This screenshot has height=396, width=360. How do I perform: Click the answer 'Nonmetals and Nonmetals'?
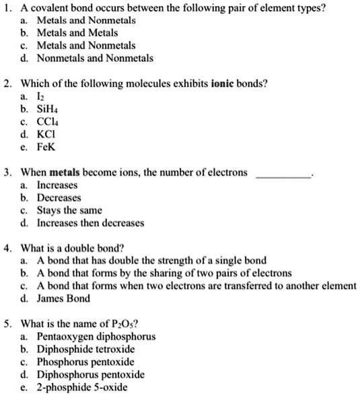[x=94, y=58]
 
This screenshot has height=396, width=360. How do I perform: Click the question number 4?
[x=6, y=247]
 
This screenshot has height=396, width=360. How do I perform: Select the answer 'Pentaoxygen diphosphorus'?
[x=96, y=335]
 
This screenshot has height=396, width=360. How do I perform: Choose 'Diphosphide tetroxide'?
[x=85, y=348]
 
